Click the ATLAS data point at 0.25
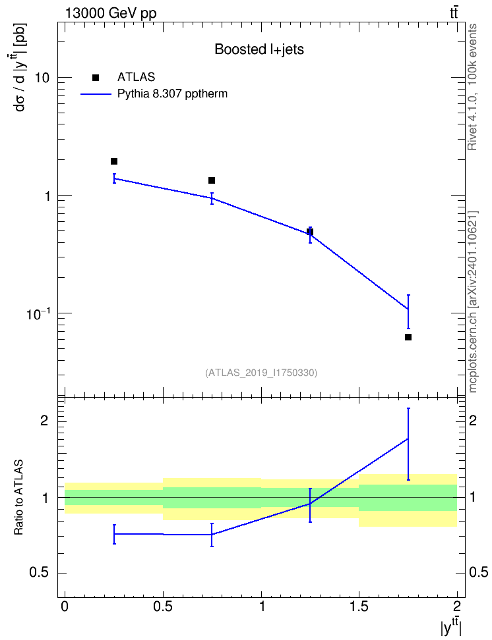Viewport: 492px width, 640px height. [x=114, y=161]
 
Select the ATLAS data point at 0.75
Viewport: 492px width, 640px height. [x=212, y=180]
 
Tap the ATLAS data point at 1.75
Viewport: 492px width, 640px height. [x=408, y=337]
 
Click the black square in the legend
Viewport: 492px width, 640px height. [x=96, y=78]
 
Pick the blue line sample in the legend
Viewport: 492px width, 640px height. [x=96, y=94]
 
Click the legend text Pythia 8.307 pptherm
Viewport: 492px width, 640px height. [x=172, y=94]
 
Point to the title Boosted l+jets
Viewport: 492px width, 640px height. [x=259, y=49]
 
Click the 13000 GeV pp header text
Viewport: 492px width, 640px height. [x=110, y=13]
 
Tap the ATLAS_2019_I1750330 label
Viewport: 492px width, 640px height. [x=261, y=372]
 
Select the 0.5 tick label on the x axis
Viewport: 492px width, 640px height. [x=163, y=606]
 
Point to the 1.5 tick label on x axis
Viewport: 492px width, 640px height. [x=359, y=606]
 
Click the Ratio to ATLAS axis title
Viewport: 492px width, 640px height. [x=18, y=497]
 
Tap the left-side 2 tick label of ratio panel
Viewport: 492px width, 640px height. [x=45, y=421]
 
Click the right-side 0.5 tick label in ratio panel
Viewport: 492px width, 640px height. [x=479, y=573]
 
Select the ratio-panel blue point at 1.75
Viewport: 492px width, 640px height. [x=408, y=439]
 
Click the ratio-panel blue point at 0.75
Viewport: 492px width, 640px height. [x=212, y=534]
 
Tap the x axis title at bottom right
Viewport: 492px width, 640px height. [x=450, y=627]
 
